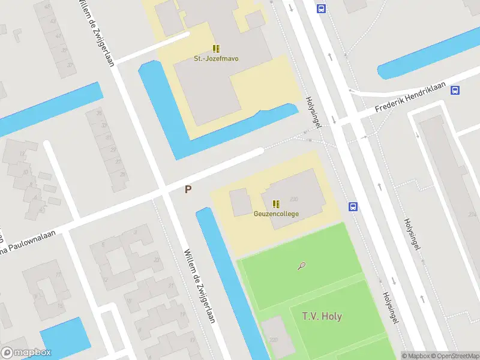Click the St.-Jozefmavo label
215,59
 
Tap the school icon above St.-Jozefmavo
215,49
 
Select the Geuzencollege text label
276,214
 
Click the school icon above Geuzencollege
275,204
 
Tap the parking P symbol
188,190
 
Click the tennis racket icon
301,265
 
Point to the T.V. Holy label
322,316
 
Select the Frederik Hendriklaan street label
410,98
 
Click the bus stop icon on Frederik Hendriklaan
455,91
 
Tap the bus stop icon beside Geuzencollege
353,206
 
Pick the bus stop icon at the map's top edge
321,8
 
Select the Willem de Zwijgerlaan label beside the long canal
200,286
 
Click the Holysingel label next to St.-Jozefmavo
314,112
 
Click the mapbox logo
26,353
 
